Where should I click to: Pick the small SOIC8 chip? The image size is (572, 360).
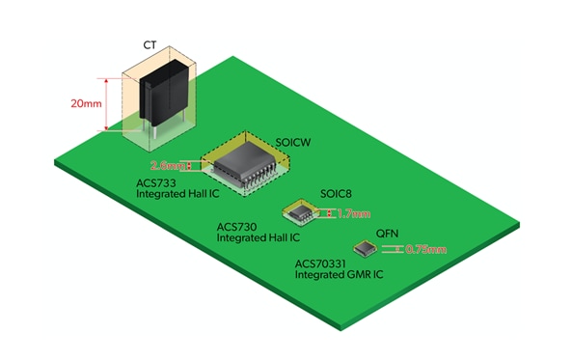tap(302, 212)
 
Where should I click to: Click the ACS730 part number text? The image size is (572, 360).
tap(235, 227)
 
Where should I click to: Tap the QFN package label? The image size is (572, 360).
tap(386, 234)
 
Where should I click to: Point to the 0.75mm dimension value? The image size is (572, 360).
tap(424, 250)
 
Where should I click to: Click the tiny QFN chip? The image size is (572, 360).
tap(365, 249)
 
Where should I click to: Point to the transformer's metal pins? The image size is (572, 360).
tap(151, 137)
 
